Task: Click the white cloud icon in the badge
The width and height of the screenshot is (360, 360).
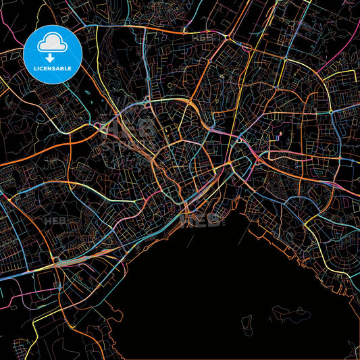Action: pyautogui.click(x=52, y=43)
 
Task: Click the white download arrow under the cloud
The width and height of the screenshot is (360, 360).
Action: pyautogui.click(x=52, y=57)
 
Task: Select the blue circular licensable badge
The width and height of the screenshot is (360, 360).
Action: pyautogui.click(x=52, y=55)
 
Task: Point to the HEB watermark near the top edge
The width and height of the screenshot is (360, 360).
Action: pyautogui.click(x=203, y=38)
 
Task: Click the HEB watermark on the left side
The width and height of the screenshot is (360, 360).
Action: pyautogui.click(x=54, y=221)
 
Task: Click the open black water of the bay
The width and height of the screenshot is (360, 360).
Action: pyautogui.click(x=203, y=290)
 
